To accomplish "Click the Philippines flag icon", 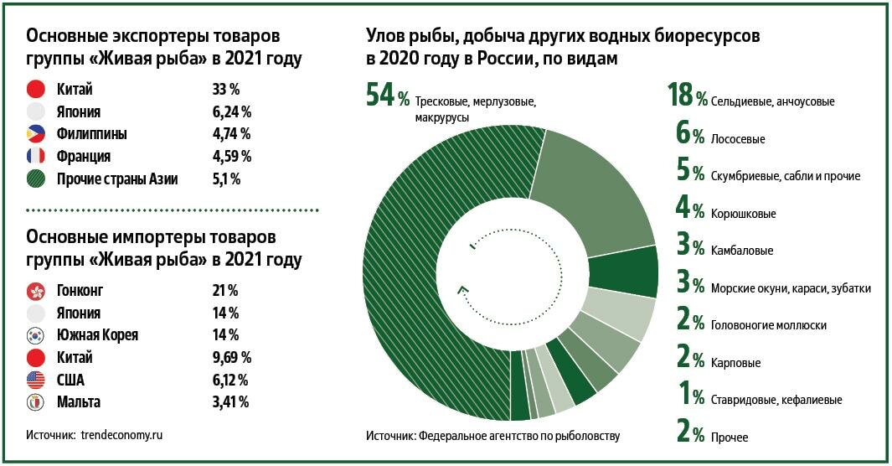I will [x=35, y=133].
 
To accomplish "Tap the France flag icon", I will [x=35, y=156].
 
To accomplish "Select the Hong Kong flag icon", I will [x=35, y=291].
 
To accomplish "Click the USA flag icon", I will [x=35, y=380].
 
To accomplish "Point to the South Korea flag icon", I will [x=35, y=335].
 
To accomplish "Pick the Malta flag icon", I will [x=35, y=402].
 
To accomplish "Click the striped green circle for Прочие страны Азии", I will [x=35, y=179].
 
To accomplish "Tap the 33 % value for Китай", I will [x=226, y=89].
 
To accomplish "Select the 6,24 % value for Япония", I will [x=232, y=111].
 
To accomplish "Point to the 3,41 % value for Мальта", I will [x=231, y=402].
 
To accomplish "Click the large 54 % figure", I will [x=388, y=96].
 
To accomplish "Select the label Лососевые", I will [x=738, y=138].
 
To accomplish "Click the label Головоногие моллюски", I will [x=769, y=325].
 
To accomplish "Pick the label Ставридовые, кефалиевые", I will [x=776, y=400].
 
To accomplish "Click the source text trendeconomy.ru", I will [x=122, y=435].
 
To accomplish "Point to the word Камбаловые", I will [x=741, y=251].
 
